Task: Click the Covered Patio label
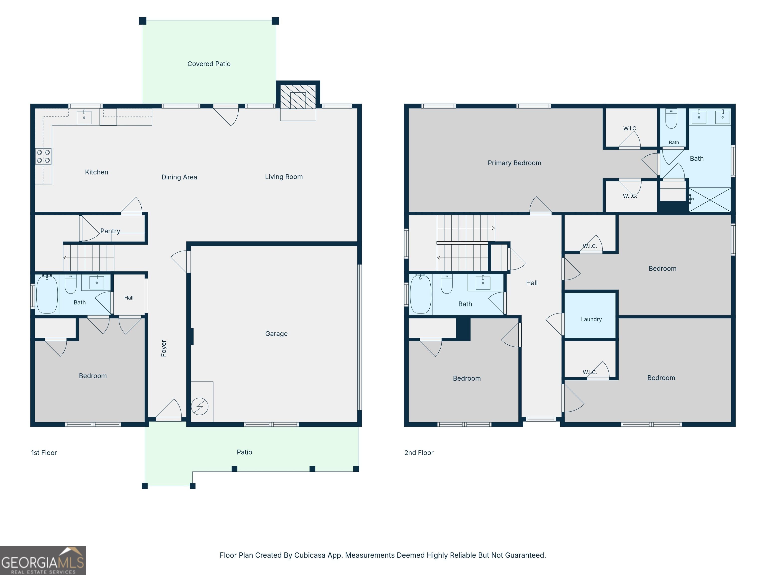point(209,64)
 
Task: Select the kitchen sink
point(84,117)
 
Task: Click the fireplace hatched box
point(298,97)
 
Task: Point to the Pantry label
point(110,231)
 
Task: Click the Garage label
point(276,334)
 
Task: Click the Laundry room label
point(591,319)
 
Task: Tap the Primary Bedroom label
point(514,163)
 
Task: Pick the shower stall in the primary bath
point(710,200)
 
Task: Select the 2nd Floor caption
point(419,453)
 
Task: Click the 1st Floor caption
point(44,453)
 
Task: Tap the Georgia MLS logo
point(43,561)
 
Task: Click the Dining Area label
point(179,177)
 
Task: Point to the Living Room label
point(284,177)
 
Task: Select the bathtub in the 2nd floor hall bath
point(421,294)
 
